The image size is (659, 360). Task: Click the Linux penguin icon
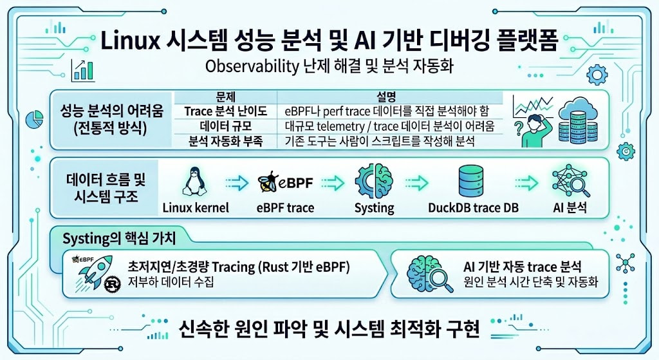(194, 181)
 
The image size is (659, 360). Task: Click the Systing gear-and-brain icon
(374, 181)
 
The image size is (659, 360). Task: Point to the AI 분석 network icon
(570, 181)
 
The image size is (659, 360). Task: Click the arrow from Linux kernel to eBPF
(237, 183)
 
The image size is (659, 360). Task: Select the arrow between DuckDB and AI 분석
(526, 183)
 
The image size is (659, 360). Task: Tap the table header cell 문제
(225, 97)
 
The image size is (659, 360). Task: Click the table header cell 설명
(386, 97)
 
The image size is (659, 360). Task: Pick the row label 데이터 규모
(225, 126)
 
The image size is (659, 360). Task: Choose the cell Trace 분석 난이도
(225, 111)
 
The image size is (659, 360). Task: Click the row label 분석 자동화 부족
(225, 141)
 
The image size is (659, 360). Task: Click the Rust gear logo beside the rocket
(112, 284)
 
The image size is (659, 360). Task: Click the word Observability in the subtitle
(252, 66)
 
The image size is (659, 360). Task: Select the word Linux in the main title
(131, 41)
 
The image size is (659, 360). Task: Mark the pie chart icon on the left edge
(35, 119)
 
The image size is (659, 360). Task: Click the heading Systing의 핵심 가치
(119, 238)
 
